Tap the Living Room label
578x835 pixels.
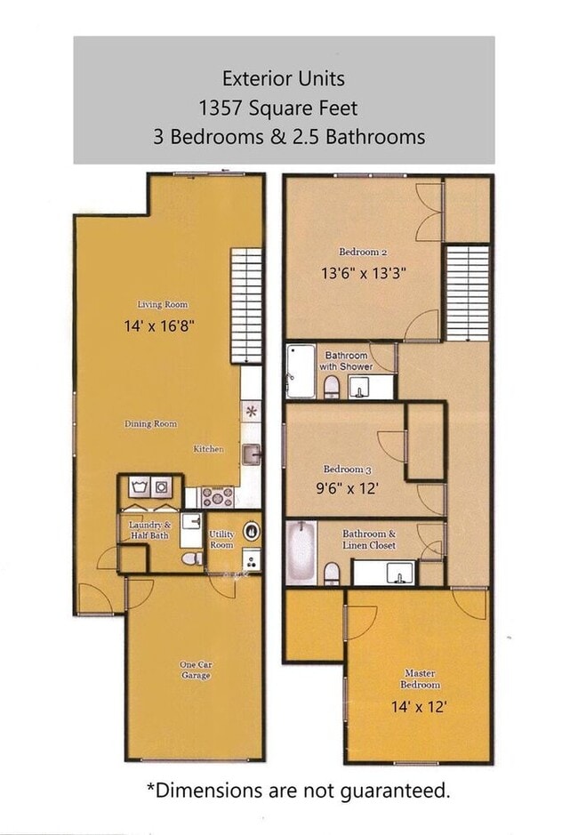[162, 304]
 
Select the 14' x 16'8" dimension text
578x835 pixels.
[160, 326]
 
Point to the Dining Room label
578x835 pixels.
[150, 424]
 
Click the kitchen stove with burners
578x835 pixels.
[217, 496]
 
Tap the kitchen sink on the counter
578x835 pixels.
[251, 454]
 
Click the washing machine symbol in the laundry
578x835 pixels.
[139, 486]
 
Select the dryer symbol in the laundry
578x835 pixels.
[162, 486]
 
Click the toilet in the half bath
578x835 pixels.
[189, 558]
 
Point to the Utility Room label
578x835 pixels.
[221, 540]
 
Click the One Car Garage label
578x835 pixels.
[197, 670]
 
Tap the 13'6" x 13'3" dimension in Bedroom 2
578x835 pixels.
[364, 274]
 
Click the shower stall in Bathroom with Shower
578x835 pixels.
[301, 371]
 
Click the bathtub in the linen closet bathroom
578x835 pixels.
[301, 553]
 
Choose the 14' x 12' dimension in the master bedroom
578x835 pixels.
[419, 707]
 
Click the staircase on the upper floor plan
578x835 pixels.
[467, 293]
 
